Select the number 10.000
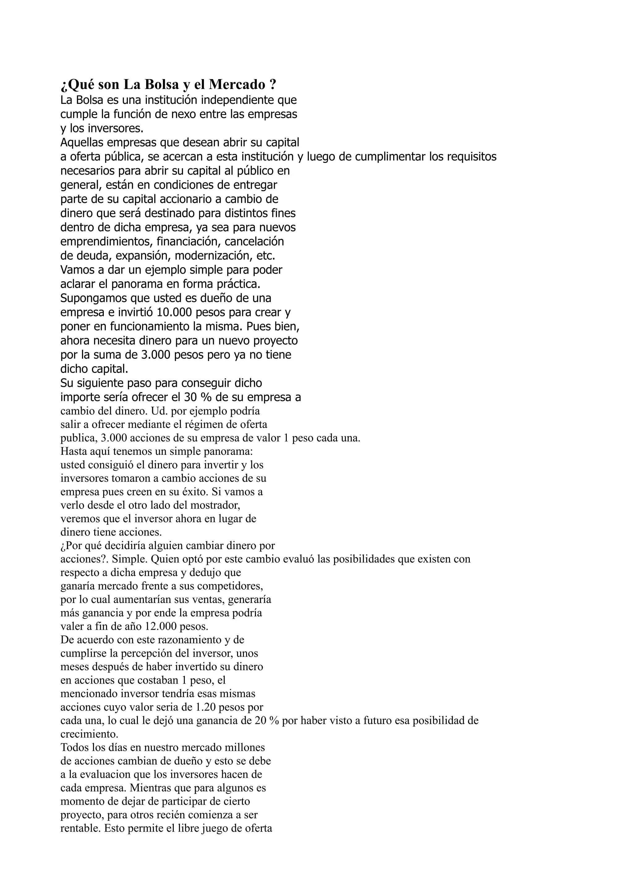174,312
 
